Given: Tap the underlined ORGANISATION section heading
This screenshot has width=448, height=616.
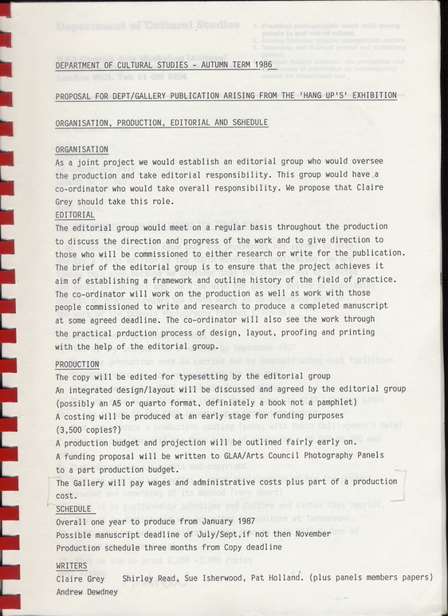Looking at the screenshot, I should pos(81,149).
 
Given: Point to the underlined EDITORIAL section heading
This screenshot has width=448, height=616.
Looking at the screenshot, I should pos(75,215).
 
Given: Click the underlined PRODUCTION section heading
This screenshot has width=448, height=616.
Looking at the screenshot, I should pos(77,365).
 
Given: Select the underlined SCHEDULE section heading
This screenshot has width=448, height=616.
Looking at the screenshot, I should pos(73,509).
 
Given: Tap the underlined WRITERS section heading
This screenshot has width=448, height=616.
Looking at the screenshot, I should pos(71,566).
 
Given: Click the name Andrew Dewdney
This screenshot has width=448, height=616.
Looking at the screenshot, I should pos(87,591).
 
